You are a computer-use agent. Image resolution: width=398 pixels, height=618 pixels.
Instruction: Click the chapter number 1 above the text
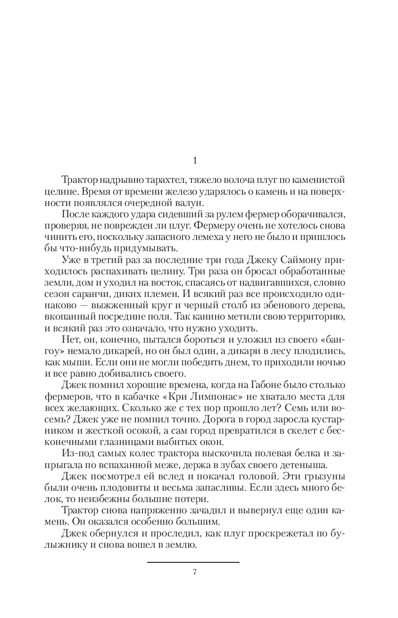pos(195,161)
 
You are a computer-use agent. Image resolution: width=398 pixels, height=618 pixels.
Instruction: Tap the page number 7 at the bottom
pos(194,572)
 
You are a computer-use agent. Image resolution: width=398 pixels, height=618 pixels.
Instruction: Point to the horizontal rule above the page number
pos(193,562)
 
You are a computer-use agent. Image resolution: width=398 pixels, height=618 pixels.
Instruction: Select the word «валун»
pos(192,203)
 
